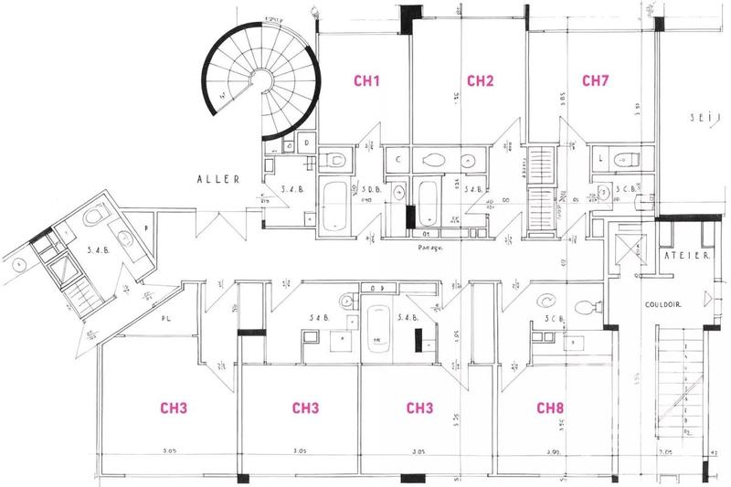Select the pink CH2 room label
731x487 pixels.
[481, 81]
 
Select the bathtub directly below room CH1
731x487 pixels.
[334, 205]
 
